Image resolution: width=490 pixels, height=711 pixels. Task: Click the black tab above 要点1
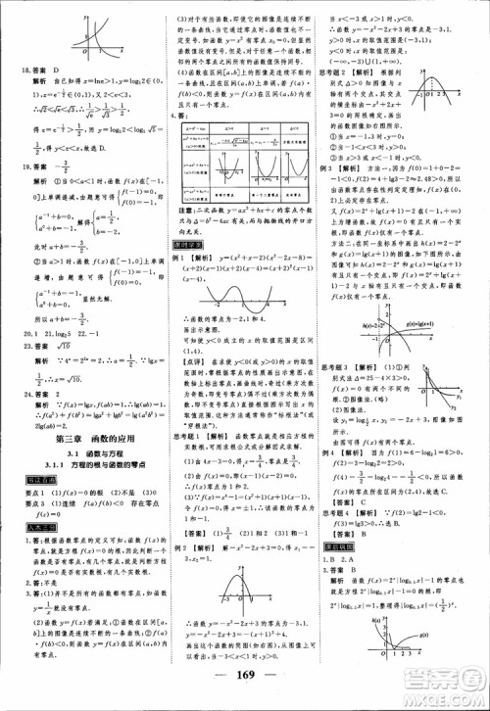point(30,480)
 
